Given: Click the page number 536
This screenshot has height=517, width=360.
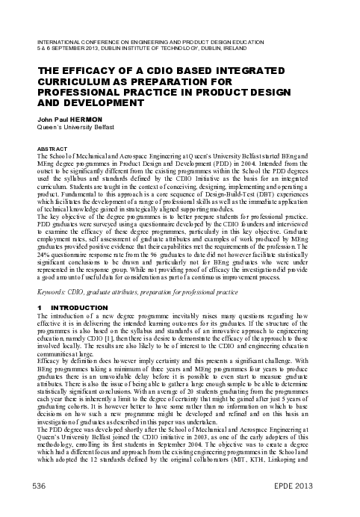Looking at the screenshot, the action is point(35,486).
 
